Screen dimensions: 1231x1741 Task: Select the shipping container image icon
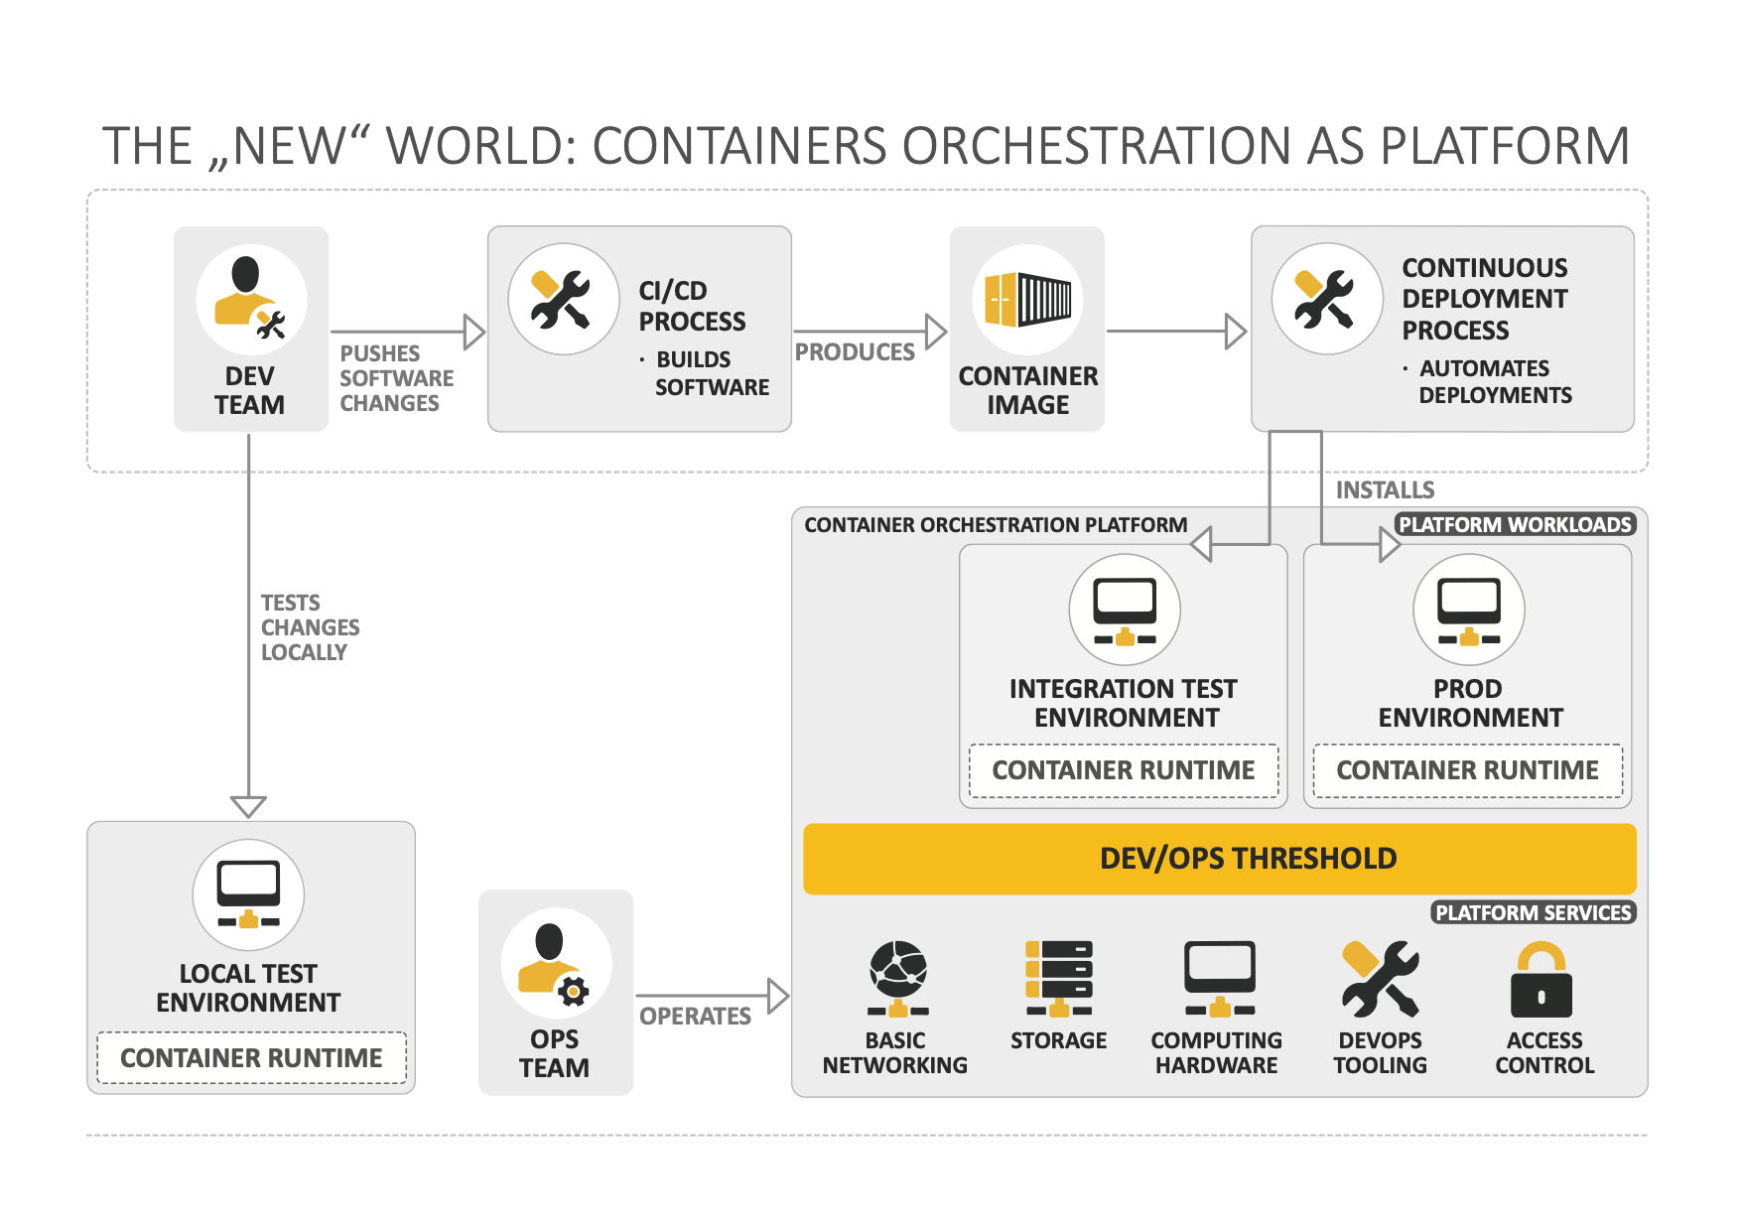tap(1027, 299)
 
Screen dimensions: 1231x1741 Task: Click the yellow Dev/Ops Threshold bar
tap(1219, 859)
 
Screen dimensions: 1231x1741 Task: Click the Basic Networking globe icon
tap(897, 978)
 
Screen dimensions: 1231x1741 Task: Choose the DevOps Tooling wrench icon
tap(1380, 979)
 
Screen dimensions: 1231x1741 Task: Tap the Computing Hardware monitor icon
tap(1219, 979)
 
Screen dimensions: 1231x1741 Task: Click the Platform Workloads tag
tap(1515, 524)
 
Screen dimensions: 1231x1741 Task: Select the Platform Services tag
tap(1533, 912)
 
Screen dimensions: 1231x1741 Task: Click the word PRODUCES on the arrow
tap(855, 352)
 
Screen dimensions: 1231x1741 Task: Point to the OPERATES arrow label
tap(695, 1017)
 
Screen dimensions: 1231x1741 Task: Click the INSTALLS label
tap(1385, 490)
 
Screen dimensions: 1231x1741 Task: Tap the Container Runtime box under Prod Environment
tap(1467, 770)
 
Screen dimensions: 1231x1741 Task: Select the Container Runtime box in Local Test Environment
tap(251, 1058)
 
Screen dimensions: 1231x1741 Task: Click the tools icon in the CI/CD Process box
tap(563, 299)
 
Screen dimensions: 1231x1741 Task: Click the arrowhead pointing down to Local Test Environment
tap(248, 805)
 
